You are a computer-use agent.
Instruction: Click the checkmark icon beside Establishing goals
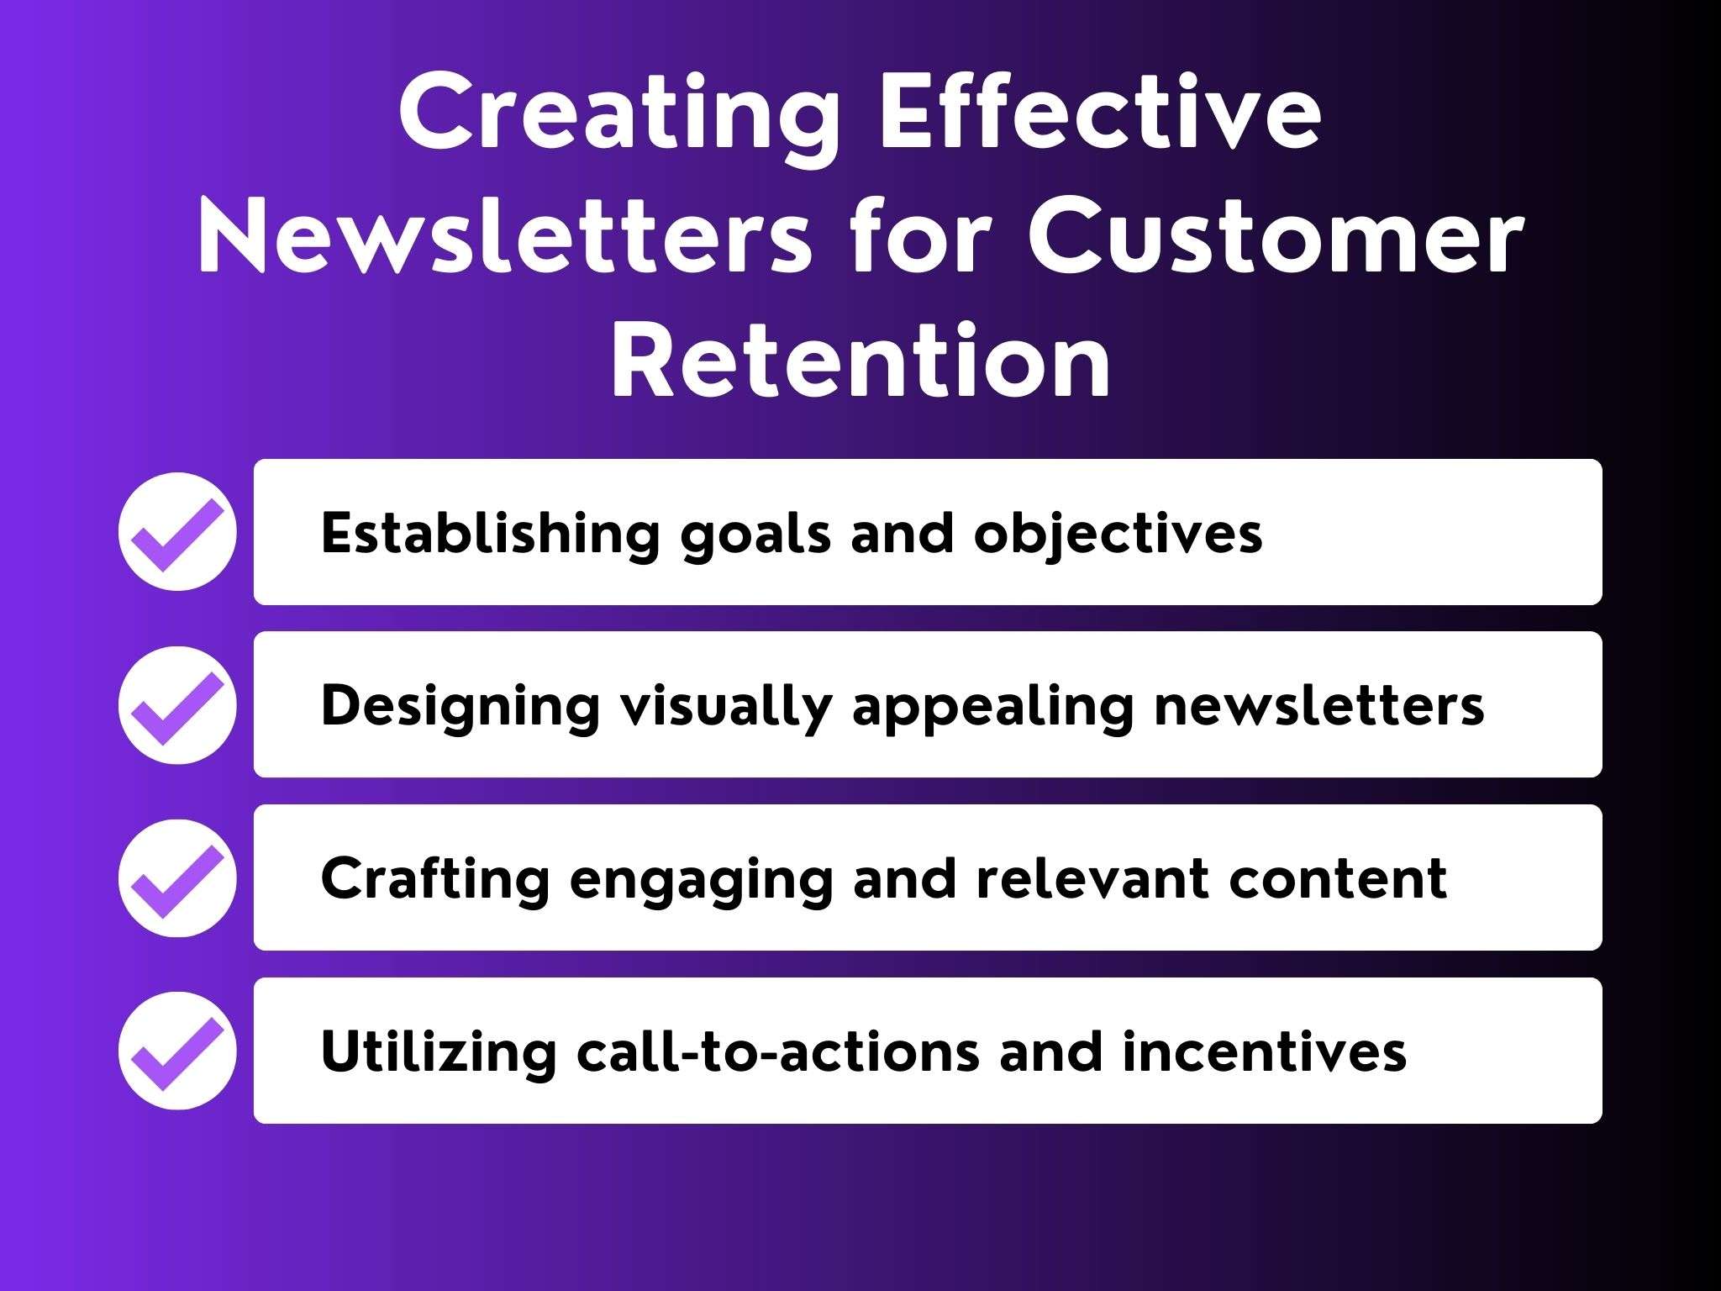pos(177,532)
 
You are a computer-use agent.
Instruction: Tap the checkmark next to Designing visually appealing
pos(177,705)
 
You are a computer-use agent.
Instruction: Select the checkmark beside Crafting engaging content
pos(177,878)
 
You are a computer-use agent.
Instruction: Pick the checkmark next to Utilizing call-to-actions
pos(177,1051)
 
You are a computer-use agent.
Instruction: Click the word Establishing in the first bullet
pos(489,533)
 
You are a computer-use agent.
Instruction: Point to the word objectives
pos(1118,535)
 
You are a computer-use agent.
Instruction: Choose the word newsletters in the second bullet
pos(1318,706)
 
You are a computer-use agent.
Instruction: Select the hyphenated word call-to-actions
pos(777,1052)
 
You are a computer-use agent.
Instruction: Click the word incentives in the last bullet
pos(1264,1052)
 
